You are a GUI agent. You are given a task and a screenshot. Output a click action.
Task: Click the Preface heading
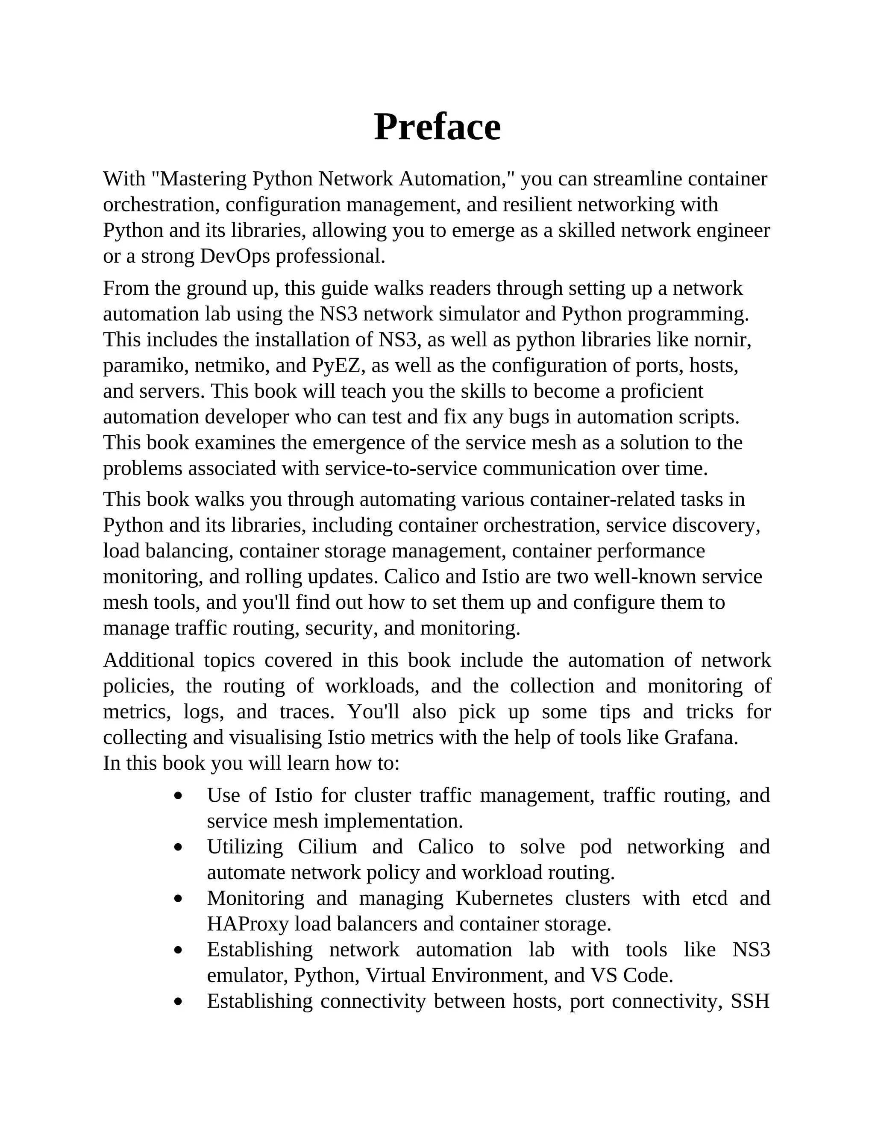437,127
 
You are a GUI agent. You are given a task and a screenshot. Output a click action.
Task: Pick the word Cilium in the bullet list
327,847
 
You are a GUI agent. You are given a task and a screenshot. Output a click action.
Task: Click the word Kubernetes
504,898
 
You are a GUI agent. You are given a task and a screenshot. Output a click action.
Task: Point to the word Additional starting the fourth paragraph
148,660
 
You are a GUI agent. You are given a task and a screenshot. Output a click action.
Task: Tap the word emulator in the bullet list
247,976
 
